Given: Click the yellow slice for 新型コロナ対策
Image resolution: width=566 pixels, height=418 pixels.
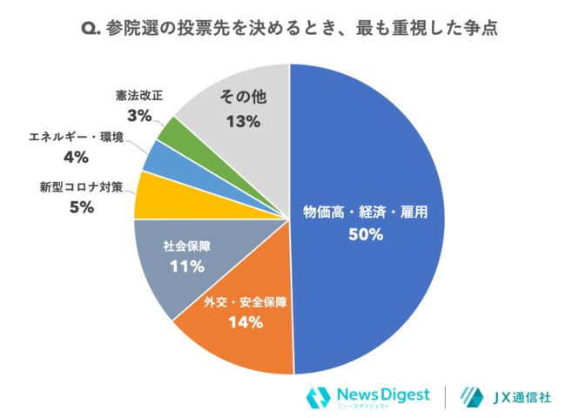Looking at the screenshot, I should pyautogui.click(x=155, y=197).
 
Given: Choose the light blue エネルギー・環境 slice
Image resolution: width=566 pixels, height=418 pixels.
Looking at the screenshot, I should pyautogui.click(x=158, y=158).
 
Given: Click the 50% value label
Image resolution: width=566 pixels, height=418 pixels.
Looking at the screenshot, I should pyautogui.click(x=366, y=233).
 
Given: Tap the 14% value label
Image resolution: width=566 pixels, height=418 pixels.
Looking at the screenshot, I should pyautogui.click(x=245, y=323).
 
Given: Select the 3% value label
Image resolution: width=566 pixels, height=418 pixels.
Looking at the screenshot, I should pyautogui.click(x=139, y=115).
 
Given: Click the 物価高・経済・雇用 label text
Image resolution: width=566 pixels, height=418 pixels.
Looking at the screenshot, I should pyautogui.click(x=366, y=212).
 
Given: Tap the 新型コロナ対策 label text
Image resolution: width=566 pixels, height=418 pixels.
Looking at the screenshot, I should pyautogui.click(x=82, y=186).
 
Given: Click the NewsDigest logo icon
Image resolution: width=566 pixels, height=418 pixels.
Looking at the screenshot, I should pyautogui.click(x=319, y=397).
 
